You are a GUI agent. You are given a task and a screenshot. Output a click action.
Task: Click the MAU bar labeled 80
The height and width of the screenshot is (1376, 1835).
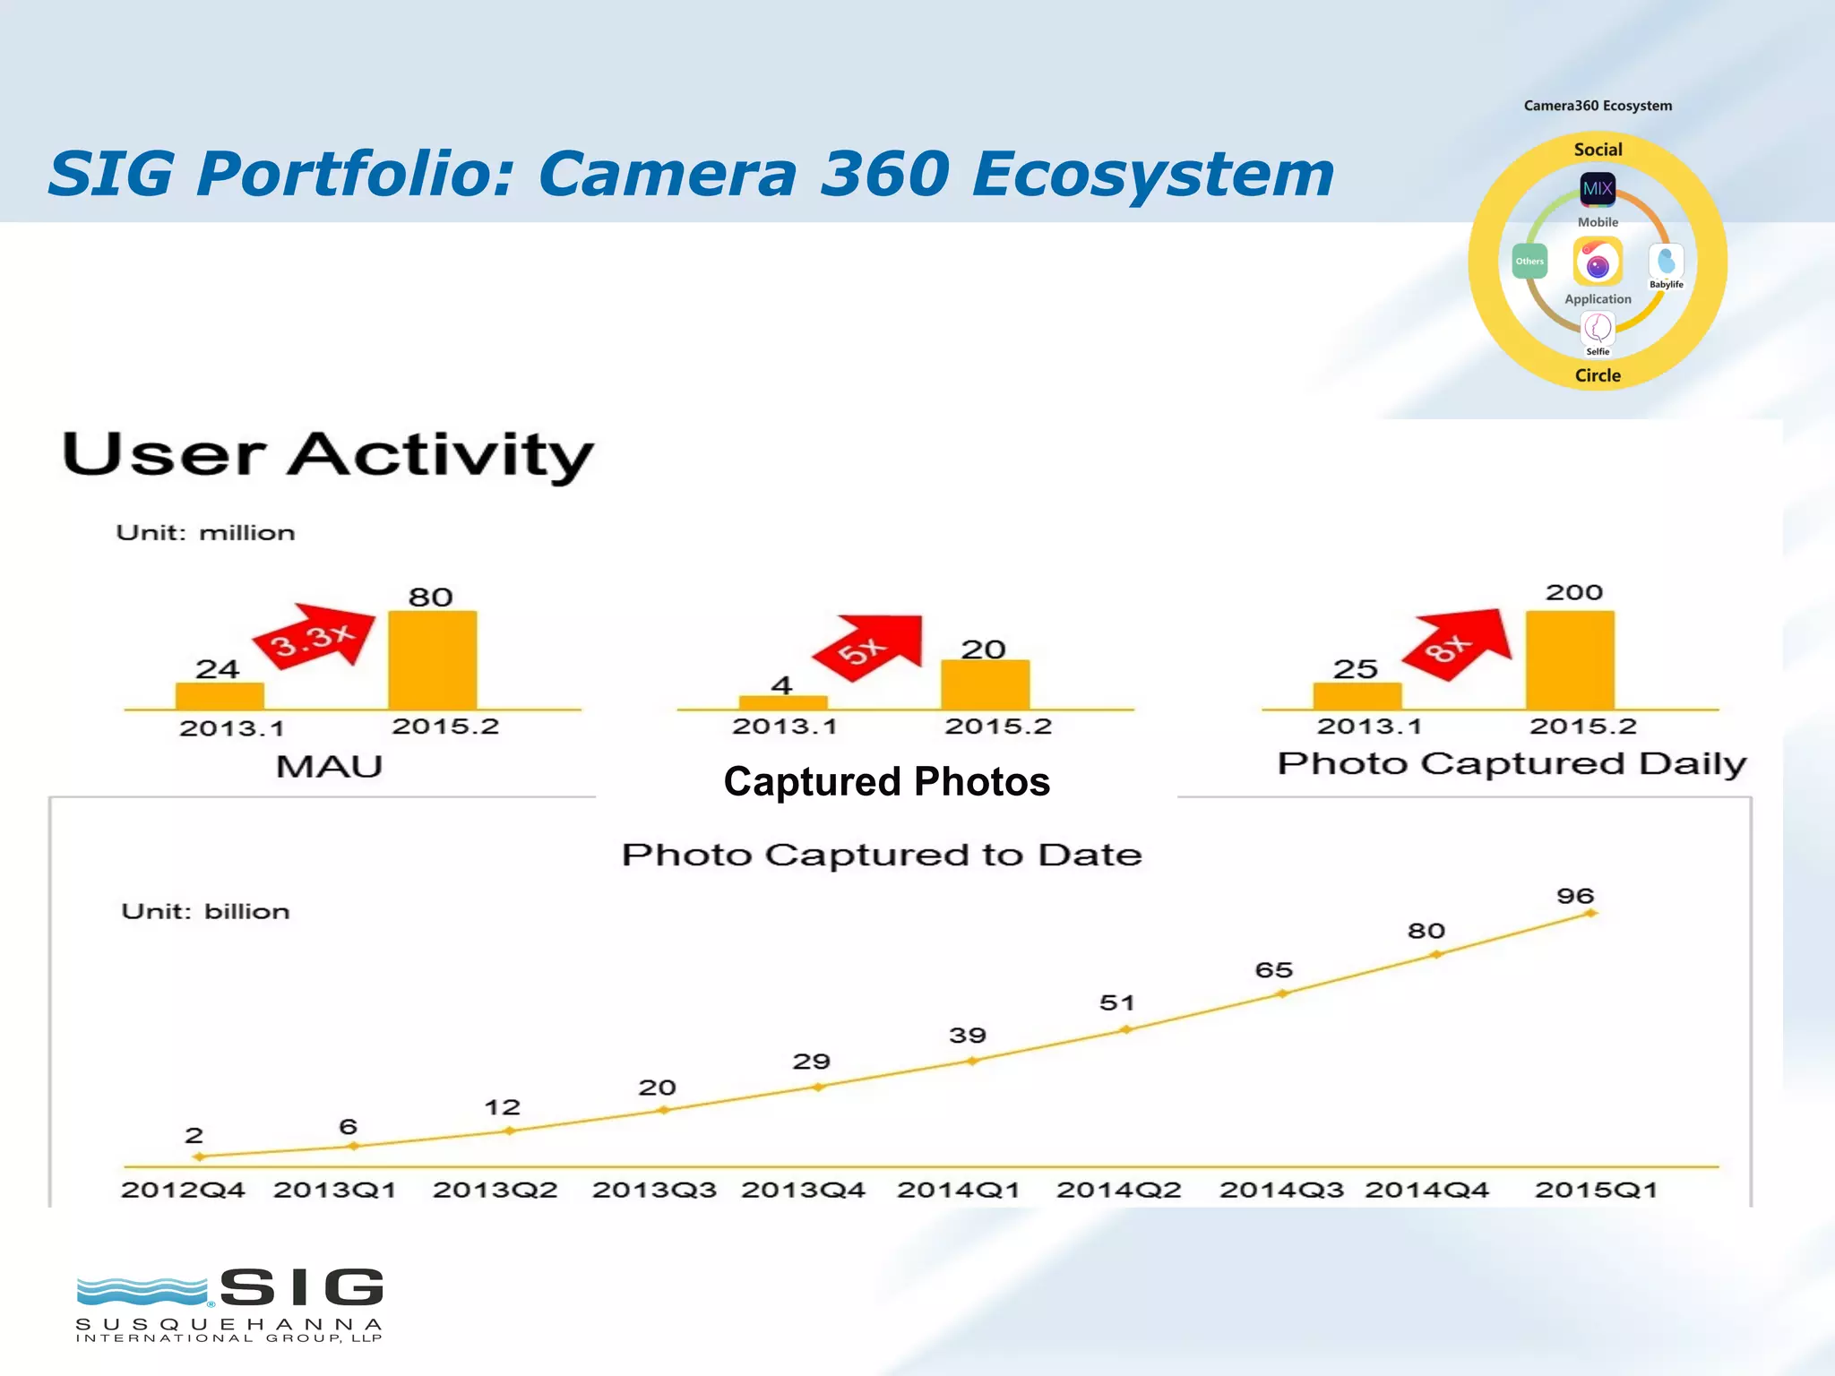pyautogui.click(x=432, y=660)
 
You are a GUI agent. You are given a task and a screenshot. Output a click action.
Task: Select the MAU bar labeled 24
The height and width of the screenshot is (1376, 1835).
pyautogui.click(x=220, y=696)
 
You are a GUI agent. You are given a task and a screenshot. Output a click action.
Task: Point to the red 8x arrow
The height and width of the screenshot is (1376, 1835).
pyautogui.click(x=1459, y=643)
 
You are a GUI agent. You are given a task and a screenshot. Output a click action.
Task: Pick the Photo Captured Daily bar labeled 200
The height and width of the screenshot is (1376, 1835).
pyautogui.click(x=1570, y=660)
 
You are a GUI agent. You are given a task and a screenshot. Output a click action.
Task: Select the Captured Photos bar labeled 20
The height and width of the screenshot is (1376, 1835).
pyautogui.click(x=985, y=684)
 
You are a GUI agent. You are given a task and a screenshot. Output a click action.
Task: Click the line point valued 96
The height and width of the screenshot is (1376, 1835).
pyautogui.click(x=1591, y=914)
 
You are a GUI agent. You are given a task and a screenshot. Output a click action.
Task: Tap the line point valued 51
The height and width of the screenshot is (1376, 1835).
pyautogui.click(x=1126, y=1029)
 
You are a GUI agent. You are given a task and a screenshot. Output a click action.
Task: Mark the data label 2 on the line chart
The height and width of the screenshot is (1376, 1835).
pyautogui.click(x=194, y=1136)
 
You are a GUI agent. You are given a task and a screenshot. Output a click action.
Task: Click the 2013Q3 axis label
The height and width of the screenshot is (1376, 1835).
pyautogui.click(x=654, y=1190)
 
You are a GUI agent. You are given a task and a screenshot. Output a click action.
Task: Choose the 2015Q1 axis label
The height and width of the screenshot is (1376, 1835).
pyautogui.click(x=1596, y=1190)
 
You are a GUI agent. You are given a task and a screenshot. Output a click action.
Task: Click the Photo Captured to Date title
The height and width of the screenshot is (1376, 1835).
pyautogui.click(x=882, y=855)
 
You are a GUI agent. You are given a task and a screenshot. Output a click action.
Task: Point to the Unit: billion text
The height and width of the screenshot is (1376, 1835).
pyautogui.click(x=205, y=911)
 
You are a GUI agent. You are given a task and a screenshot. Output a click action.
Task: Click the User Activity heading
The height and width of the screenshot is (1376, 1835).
pyautogui.click(x=328, y=454)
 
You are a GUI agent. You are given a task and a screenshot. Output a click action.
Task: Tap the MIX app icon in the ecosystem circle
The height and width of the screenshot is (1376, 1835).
pyautogui.click(x=1598, y=189)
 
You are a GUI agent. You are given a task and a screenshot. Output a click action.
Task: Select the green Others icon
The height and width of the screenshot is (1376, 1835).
pyautogui.click(x=1529, y=262)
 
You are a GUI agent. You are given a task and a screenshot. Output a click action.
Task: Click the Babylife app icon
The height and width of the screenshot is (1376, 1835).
pyautogui.click(x=1666, y=262)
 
